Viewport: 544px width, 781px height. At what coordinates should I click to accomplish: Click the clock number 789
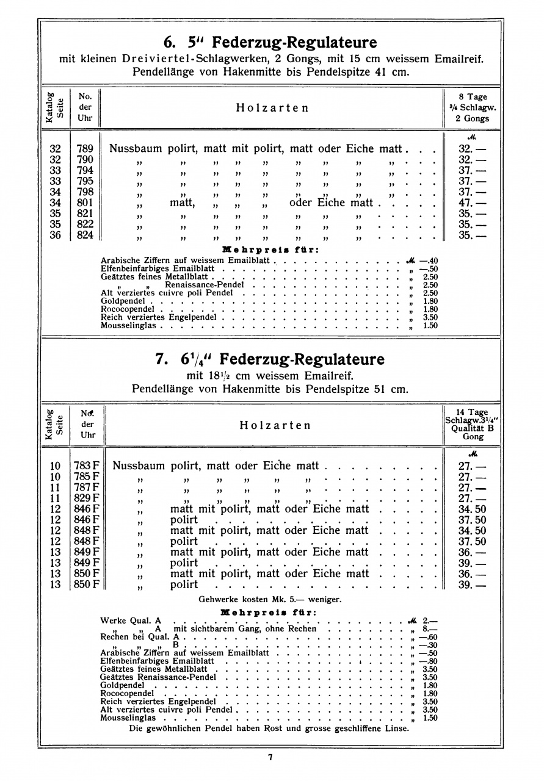tap(85, 149)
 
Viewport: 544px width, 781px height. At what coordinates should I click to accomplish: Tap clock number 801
tap(85, 203)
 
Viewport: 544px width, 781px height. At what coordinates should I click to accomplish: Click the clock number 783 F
tap(87, 466)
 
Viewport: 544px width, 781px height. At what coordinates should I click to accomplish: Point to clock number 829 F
tap(87, 498)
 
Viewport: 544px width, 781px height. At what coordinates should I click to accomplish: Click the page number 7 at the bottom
tap(270, 758)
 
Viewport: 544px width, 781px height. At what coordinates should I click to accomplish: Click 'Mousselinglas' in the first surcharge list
tap(129, 326)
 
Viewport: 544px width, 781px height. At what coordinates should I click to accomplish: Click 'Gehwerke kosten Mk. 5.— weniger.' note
tap(270, 599)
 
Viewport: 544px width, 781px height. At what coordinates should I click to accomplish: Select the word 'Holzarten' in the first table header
tap(272, 108)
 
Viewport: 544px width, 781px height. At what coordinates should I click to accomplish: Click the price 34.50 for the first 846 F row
tap(472, 509)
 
